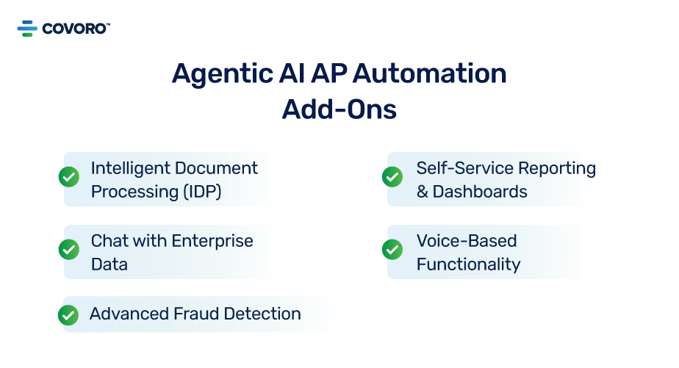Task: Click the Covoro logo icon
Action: [27, 29]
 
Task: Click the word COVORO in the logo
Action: [75, 29]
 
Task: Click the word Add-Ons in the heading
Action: [339, 109]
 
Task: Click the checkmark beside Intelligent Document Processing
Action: [68, 177]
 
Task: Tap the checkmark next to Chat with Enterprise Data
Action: [68, 250]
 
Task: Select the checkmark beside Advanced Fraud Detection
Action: [68, 315]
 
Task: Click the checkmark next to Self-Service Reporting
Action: [392, 177]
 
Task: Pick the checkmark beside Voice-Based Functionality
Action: [392, 250]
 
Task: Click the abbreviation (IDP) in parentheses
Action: [201, 191]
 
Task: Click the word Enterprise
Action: [212, 240]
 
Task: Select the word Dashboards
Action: [480, 191]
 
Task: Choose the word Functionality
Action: [468, 264]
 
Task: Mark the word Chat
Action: [109, 240]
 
